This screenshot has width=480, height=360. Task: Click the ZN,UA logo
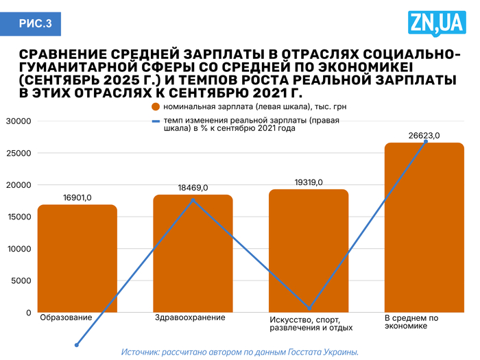436,23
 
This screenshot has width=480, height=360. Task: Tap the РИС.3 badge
34,24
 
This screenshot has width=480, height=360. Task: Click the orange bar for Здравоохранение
193,254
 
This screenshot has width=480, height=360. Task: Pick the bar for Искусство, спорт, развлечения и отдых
309,251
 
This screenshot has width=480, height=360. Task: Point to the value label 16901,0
77,198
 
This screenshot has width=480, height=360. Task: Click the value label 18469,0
193,188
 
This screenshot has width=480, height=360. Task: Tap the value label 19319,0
308,182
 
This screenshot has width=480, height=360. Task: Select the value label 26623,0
424,136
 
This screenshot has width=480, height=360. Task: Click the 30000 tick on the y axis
19,121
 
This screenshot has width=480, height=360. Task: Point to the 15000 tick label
19,217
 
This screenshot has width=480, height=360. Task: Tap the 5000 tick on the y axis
21,280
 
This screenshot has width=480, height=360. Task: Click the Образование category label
66,317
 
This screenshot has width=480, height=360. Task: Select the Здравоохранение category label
190,317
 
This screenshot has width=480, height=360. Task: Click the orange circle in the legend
156,107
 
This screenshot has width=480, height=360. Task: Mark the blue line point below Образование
77,345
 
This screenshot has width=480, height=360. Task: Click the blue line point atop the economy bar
426,141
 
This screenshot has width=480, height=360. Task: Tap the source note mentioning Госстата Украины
240,352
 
